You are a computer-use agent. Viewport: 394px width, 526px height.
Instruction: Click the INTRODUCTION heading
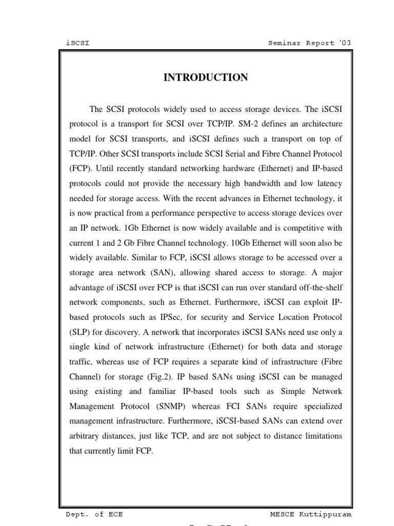[205, 78]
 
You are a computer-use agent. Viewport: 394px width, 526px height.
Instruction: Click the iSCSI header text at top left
[78, 43]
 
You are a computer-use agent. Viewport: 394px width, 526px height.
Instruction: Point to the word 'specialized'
[322, 407]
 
